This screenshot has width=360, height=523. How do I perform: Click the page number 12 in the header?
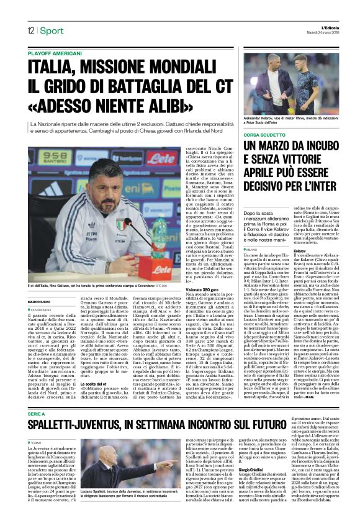(x=30, y=30)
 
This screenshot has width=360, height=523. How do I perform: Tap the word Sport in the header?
(x=52, y=30)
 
